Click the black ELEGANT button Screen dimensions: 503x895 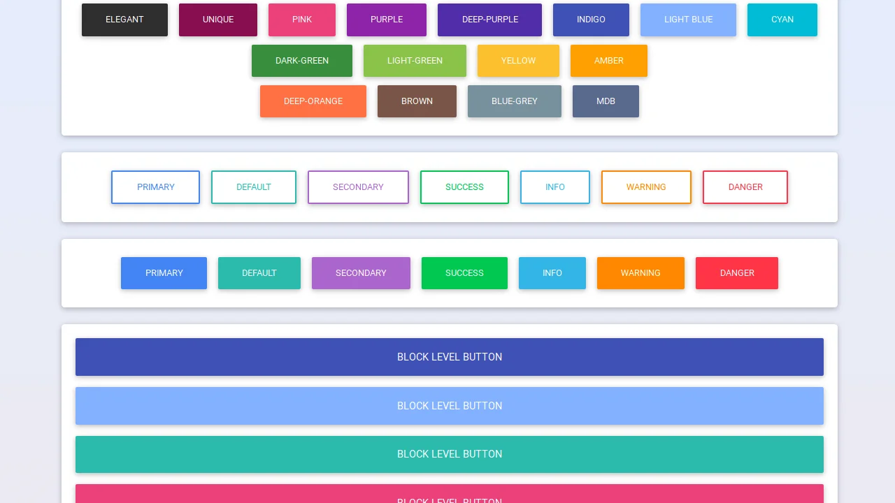[x=124, y=20]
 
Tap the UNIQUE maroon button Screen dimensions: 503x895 [x=218, y=20]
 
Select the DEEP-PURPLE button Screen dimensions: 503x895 [x=489, y=20]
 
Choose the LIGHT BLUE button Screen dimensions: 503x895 [x=688, y=20]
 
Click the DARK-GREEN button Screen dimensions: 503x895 [x=302, y=61]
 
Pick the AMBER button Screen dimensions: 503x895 [x=608, y=61]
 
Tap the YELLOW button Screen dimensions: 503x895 [x=518, y=61]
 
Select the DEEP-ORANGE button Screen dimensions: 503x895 [x=313, y=101]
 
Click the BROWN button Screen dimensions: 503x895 [x=417, y=101]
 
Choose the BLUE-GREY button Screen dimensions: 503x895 [x=514, y=101]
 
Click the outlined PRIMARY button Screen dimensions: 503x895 [x=155, y=187]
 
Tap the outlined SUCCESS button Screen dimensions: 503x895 [x=464, y=187]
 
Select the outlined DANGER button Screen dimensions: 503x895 [x=745, y=187]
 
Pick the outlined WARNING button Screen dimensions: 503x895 [x=646, y=187]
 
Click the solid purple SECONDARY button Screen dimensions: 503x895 [x=361, y=273]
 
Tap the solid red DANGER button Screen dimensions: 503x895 [x=736, y=273]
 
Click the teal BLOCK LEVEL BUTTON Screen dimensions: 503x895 [x=449, y=454]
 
